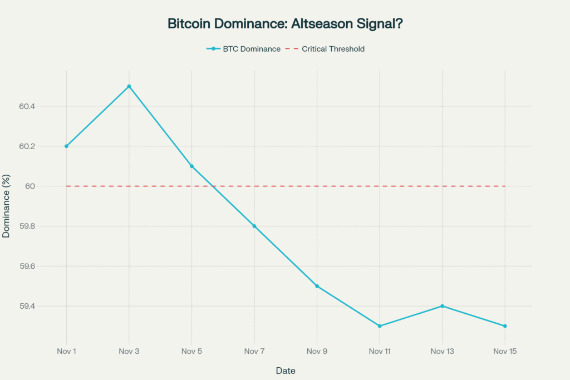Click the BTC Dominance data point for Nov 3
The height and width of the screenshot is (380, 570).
coord(129,86)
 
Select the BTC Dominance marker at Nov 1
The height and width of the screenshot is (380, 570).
coord(66,146)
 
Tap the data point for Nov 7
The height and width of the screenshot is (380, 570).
coord(254,226)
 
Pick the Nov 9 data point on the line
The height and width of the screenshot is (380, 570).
coord(317,286)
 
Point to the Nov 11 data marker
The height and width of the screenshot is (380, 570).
coord(380,326)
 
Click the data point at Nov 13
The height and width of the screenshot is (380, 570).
coord(442,306)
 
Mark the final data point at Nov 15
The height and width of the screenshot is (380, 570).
coord(505,326)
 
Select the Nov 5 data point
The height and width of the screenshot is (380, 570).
coord(191,166)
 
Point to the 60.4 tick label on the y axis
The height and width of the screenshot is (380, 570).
coord(27,106)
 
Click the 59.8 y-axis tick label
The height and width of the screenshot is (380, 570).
coord(27,226)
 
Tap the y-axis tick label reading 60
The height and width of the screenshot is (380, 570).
coord(30,186)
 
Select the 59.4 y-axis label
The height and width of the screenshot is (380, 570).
coord(27,307)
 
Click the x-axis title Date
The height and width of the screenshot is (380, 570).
coord(286,371)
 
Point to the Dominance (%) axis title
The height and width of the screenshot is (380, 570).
coord(7,207)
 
